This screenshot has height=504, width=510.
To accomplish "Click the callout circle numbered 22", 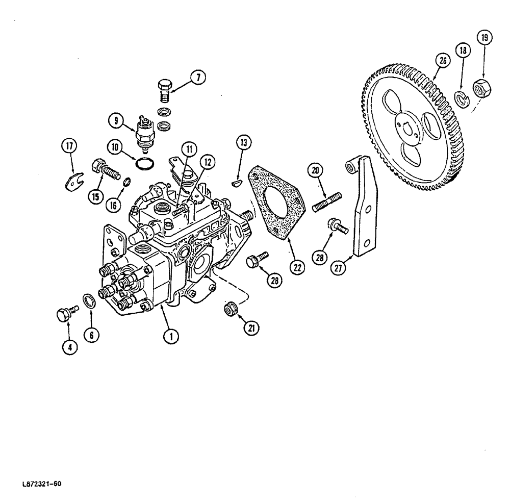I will (x=297, y=266).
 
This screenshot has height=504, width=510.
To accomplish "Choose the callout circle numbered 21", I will (x=250, y=329).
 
